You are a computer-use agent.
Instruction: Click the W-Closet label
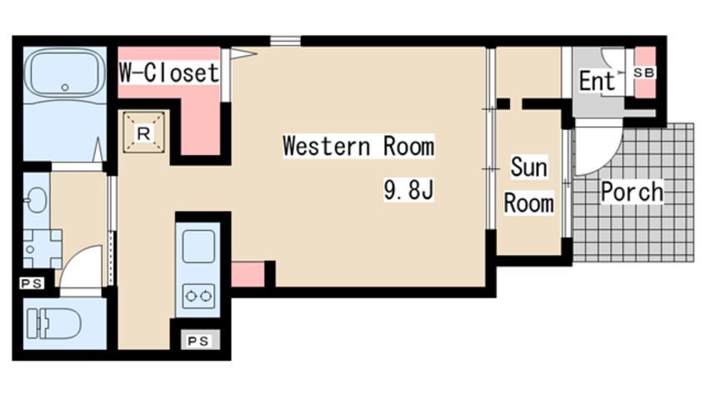169,72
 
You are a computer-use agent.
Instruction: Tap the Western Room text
358,146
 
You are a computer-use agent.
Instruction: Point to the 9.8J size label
408,189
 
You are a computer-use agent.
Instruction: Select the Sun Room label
528,185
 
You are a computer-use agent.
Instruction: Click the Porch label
632,192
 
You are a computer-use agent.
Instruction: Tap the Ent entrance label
597,81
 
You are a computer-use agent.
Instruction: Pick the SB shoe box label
644,73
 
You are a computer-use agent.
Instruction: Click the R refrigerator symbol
144,133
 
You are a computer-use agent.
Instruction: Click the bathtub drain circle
65,88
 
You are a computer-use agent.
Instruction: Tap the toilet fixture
53,323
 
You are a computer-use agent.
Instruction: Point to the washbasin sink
36,199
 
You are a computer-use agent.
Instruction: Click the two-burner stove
198,296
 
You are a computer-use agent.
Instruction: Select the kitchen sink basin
198,246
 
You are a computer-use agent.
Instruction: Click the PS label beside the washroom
32,283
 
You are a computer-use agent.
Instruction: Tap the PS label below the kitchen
197,341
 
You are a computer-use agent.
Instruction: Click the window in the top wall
286,41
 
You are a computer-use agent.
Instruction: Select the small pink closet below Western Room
247,274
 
